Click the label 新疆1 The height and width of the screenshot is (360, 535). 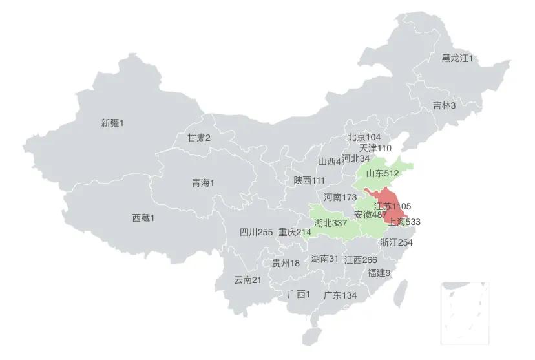(112, 122)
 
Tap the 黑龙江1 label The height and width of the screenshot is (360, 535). (457, 59)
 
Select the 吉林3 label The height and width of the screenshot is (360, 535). (444, 105)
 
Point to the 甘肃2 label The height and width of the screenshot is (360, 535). (199, 138)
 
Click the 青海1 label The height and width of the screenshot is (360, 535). (203, 183)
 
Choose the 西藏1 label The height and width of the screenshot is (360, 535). (143, 218)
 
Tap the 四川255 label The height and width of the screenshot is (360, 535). (256, 232)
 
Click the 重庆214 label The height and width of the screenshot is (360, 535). (295, 232)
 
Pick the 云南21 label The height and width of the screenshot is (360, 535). (247, 280)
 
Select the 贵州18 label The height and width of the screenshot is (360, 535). (286, 263)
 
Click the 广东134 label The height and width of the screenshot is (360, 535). (340, 295)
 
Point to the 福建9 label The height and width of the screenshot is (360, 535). (379, 273)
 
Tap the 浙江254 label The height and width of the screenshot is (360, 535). (396, 242)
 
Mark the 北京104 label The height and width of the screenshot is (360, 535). (364, 137)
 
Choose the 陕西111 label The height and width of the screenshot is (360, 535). (309, 180)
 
